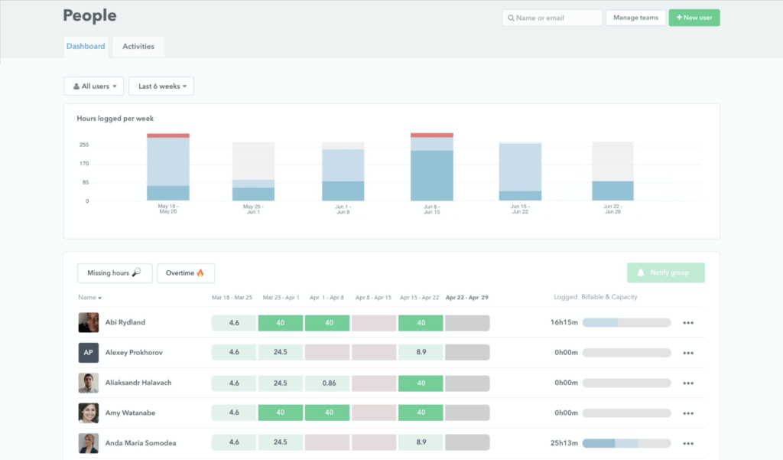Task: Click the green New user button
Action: pyautogui.click(x=694, y=18)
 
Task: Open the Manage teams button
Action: pyautogui.click(x=635, y=18)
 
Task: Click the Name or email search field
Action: pyautogui.click(x=552, y=18)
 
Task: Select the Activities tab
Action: pyautogui.click(x=138, y=47)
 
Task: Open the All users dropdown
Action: pyautogui.click(x=93, y=86)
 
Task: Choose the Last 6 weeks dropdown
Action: pyautogui.click(x=161, y=86)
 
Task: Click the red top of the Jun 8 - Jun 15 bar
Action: pyautogui.click(x=431, y=135)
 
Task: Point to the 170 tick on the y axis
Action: pyautogui.click(x=84, y=164)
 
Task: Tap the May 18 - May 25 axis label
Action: pyautogui.click(x=167, y=209)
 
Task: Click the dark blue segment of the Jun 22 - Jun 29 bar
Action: pyautogui.click(x=612, y=191)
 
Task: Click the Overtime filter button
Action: pyautogui.click(x=186, y=273)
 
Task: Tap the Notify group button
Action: pyautogui.click(x=665, y=273)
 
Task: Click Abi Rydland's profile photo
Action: pyautogui.click(x=88, y=322)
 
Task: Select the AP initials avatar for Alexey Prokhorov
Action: pyautogui.click(x=88, y=353)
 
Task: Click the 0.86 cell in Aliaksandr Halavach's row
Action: pyautogui.click(x=328, y=383)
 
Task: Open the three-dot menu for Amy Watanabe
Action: pyautogui.click(x=688, y=413)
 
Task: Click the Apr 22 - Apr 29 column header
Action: pyautogui.click(x=466, y=297)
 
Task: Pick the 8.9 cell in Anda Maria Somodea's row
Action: pyautogui.click(x=421, y=442)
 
